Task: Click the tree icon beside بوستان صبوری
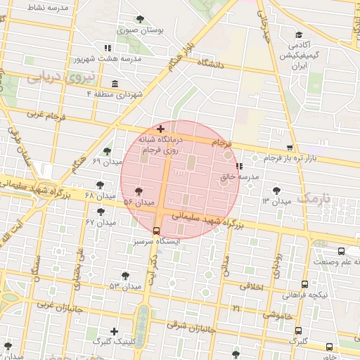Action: [141, 19]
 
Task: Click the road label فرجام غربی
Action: [46, 114]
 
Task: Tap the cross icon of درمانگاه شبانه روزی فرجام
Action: [161, 129]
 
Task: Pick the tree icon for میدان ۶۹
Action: [107, 150]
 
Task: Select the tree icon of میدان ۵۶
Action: [139, 191]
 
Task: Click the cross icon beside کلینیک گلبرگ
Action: [115, 330]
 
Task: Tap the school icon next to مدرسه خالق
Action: [239, 167]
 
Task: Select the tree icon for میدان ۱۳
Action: [277, 190]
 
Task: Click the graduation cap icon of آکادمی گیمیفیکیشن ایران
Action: [299, 34]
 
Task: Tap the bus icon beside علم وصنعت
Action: [342, 251]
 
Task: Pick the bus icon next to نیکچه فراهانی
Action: [304, 284]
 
